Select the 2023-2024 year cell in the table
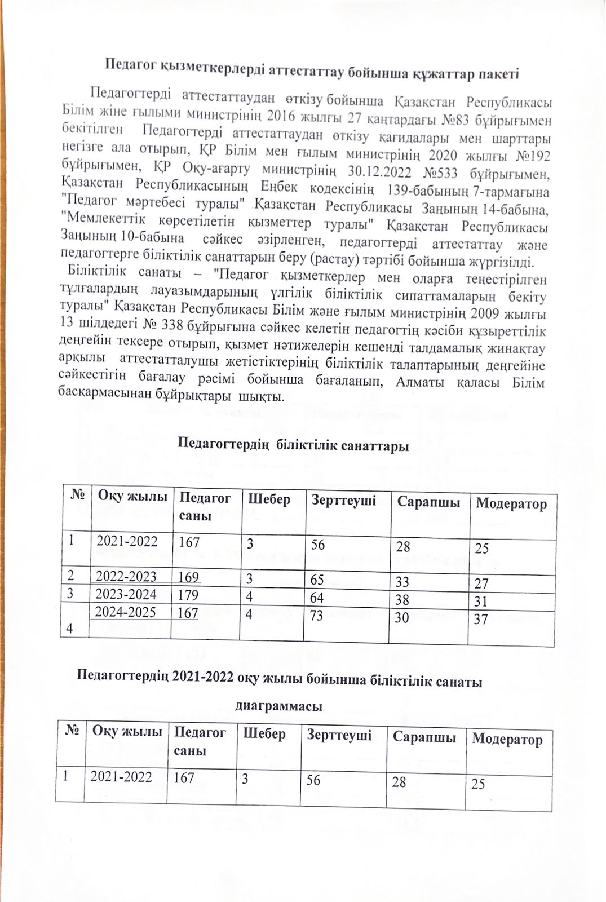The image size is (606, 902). click(126, 593)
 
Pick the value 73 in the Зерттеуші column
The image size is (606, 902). click(316, 614)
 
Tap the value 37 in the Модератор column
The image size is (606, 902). click(481, 619)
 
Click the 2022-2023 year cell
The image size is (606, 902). click(126, 576)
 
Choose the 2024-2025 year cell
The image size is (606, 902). click(126, 612)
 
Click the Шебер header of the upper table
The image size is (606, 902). click(270, 499)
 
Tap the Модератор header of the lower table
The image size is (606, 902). click(507, 739)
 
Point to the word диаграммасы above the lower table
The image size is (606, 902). click(278, 706)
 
